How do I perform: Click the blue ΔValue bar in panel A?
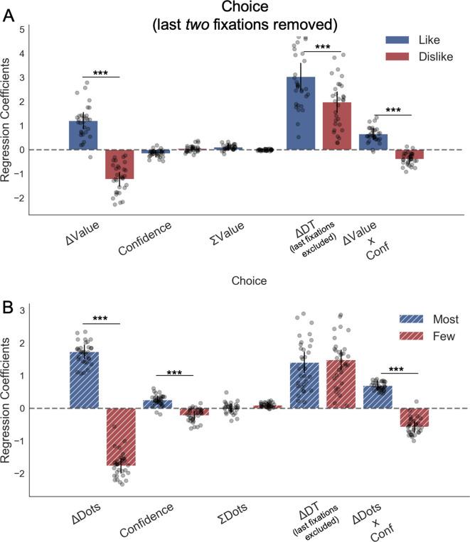click(83, 136)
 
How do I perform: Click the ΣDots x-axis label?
click(233, 507)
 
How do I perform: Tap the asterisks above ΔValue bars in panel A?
click(101, 72)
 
